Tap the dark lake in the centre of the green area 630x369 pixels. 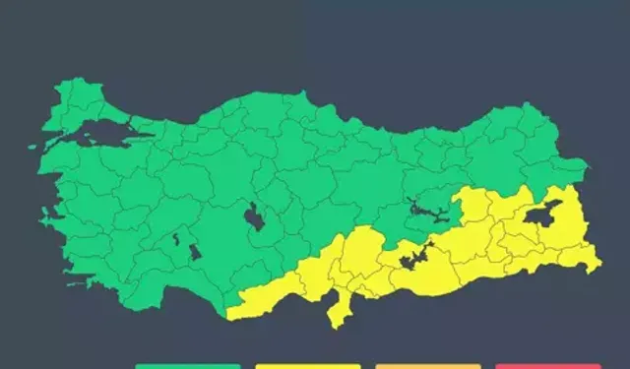point(255,217)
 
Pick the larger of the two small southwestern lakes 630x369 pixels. point(195,250)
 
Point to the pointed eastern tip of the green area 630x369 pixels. point(587,164)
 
